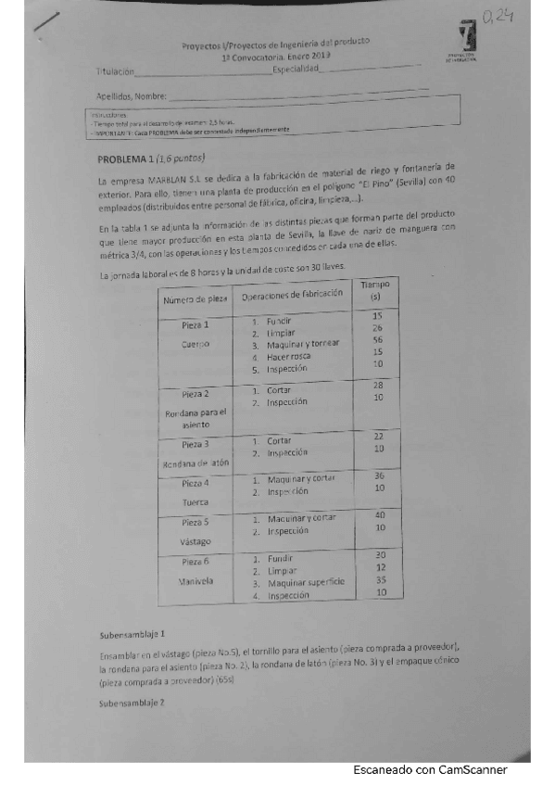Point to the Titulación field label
[x=115, y=72]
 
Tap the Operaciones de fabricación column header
[x=292, y=294]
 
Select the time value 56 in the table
[x=377, y=340]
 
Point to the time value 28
[x=377, y=386]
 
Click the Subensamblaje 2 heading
[x=132, y=704]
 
